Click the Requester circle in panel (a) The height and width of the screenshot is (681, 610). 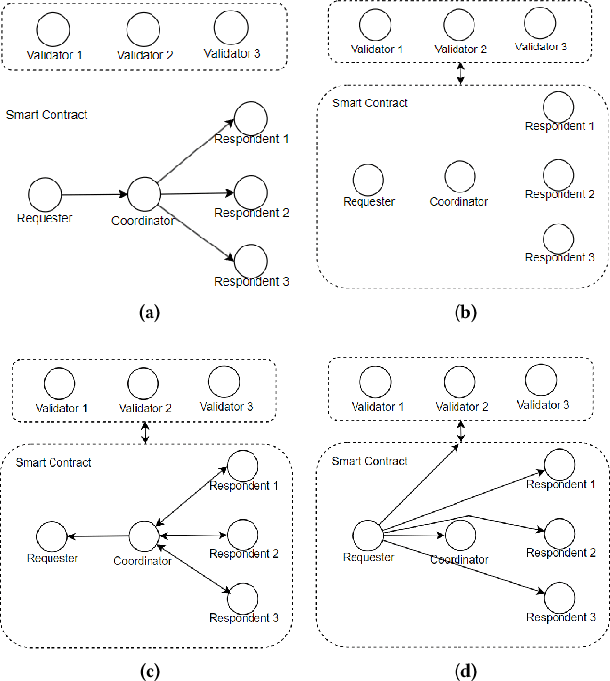point(46,194)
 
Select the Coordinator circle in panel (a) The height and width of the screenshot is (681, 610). point(145,194)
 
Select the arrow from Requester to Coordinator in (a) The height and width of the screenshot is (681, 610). point(95,194)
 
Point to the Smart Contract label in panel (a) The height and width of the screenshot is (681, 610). point(47,115)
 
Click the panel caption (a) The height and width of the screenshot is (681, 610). point(150,313)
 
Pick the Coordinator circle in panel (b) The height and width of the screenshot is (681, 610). point(458,177)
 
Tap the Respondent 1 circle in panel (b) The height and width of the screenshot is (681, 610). point(559,107)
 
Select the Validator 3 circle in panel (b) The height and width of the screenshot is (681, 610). point(541,23)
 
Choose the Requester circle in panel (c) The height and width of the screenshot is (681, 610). point(51,537)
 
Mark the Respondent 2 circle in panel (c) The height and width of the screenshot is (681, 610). point(243,534)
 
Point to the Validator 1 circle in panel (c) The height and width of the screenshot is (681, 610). point(59,382)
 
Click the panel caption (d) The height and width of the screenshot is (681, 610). point(461,671)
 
